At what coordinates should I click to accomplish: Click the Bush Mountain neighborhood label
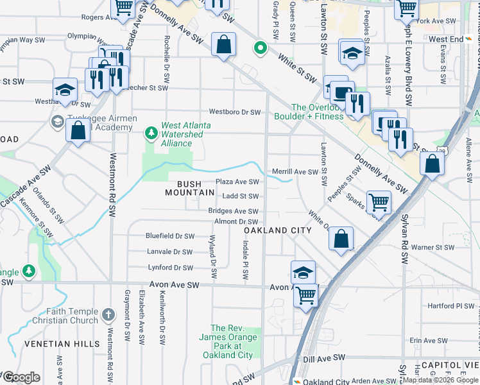pos(183,188)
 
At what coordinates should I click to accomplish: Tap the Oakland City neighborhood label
pos(277,230)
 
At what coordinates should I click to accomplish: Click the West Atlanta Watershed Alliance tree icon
pos(151,133)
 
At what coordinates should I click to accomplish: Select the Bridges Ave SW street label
pos(233,211)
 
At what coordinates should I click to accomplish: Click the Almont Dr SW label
pos(236,221)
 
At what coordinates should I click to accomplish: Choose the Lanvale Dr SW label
pos(169,252)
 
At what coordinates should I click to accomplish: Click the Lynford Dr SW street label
pos(170,268)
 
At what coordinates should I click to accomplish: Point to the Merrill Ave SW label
pos(295,172)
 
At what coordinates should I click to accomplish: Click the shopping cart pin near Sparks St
pos(379,203)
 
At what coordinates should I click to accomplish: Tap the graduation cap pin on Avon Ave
pos(303,272)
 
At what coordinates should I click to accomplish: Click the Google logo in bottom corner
pos(21,377)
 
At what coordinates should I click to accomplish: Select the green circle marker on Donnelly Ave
pos(260,48)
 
